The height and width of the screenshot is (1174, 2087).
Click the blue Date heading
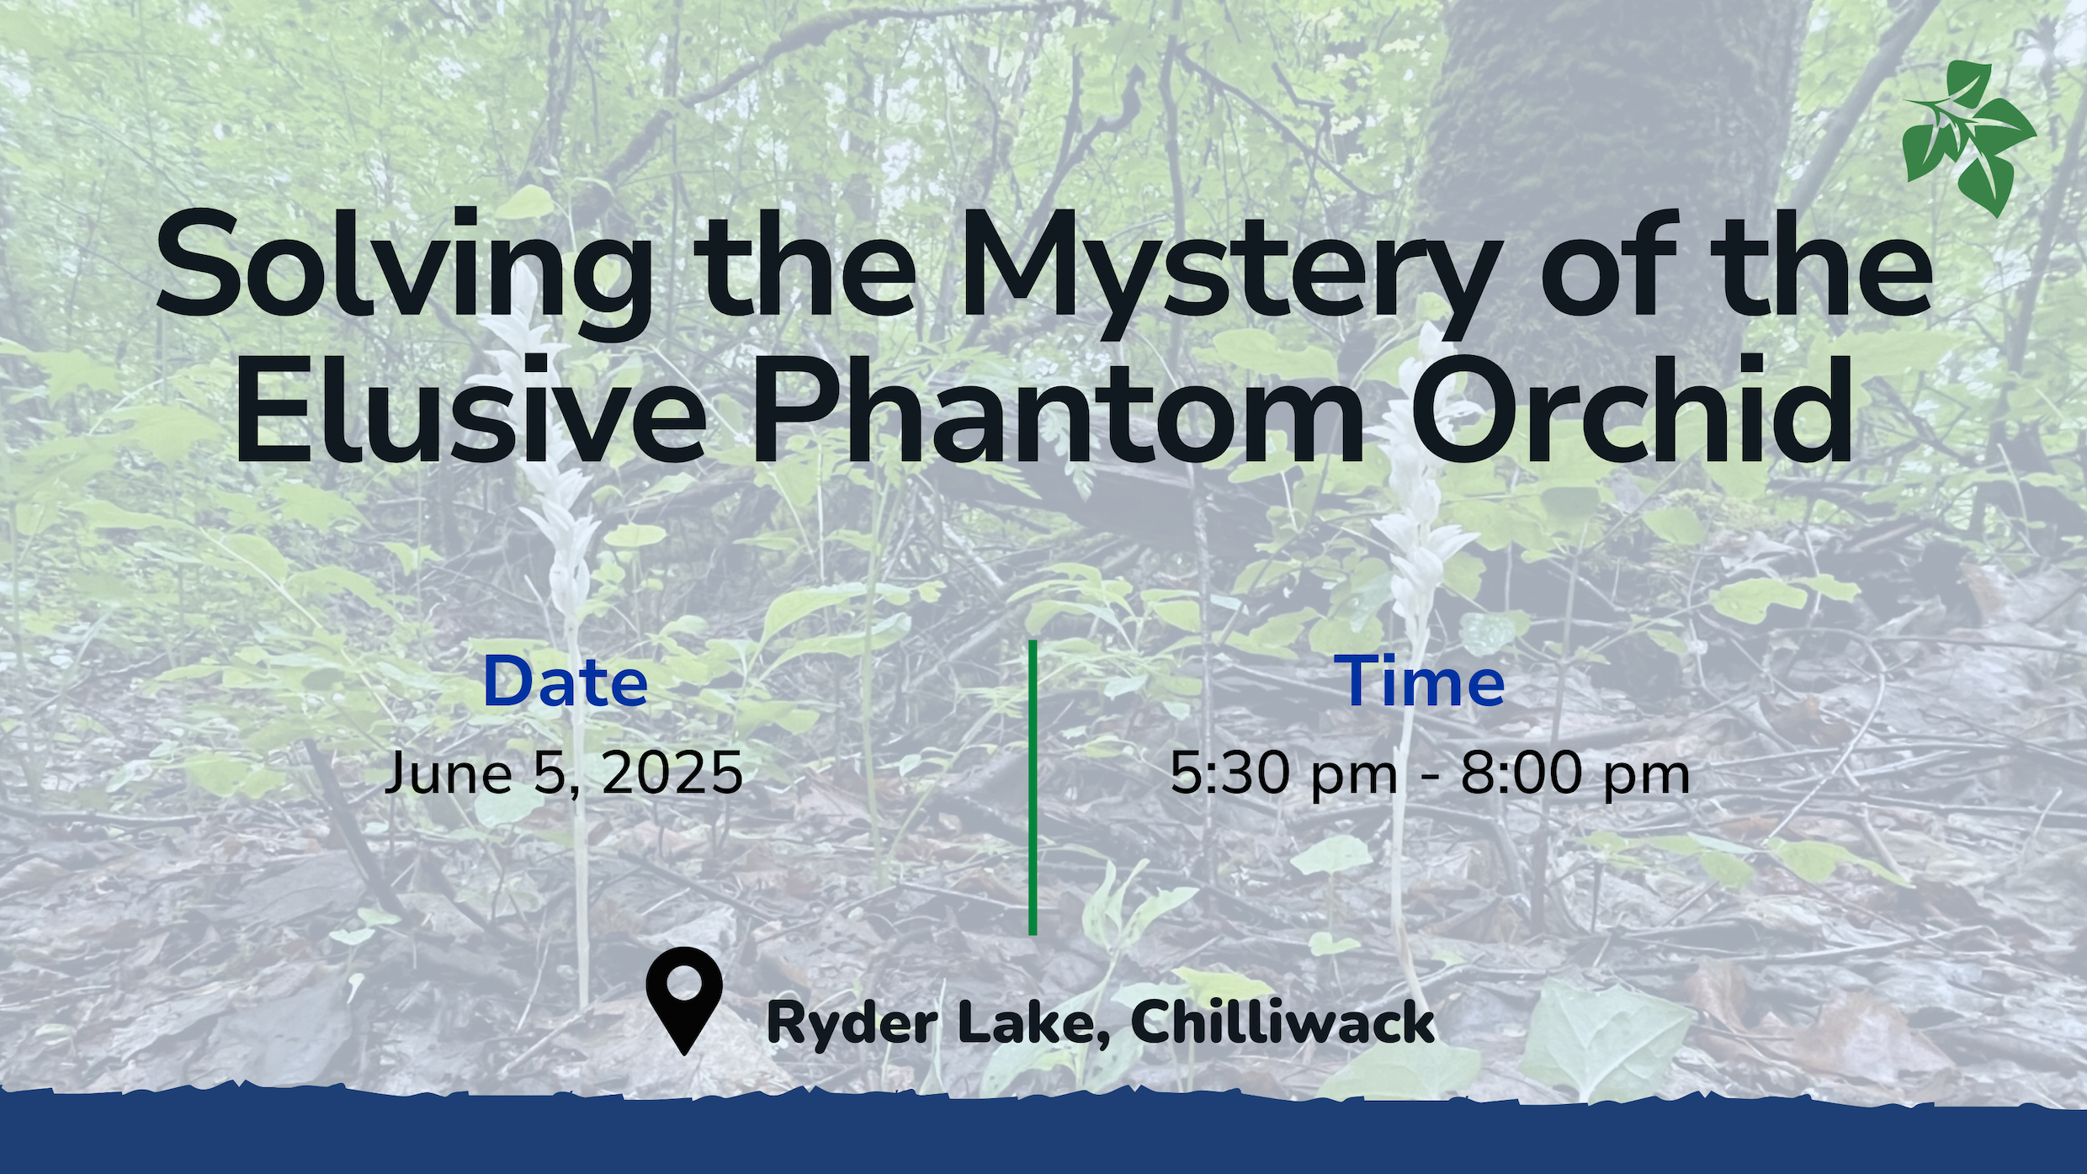pyautogui.click(x=566, y=682)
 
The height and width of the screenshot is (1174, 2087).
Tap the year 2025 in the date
pyautogui.click(x=672, y=773)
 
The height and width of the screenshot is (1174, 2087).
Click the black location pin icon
pyautogui.click(x=684, y=1000)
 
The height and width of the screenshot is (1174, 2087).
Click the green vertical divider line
pyautogui.click(x=1033, y=787)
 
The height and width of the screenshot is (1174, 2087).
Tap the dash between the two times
pyautogui.click(x=1429, y=776)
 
